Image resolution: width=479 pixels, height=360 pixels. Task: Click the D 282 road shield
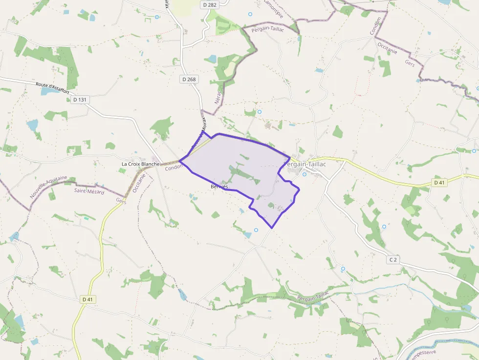209,4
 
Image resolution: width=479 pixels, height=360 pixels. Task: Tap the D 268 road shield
189,79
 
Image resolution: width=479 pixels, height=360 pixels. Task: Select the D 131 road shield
79,100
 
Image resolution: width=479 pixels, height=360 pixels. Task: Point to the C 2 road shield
392,260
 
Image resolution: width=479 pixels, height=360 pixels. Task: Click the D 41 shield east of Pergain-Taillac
439,183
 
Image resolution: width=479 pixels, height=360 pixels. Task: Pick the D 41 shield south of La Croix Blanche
87,299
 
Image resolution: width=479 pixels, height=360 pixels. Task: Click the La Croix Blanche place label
141,164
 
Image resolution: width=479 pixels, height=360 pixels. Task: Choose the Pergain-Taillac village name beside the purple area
306,165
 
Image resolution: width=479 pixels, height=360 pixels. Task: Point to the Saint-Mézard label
89,191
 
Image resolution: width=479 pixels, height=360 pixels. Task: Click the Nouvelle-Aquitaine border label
48,188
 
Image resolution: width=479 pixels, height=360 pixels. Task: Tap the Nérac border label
218,95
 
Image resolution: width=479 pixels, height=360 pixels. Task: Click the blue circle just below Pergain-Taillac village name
305,174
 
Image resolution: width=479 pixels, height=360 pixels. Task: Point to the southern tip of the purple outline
272,227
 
